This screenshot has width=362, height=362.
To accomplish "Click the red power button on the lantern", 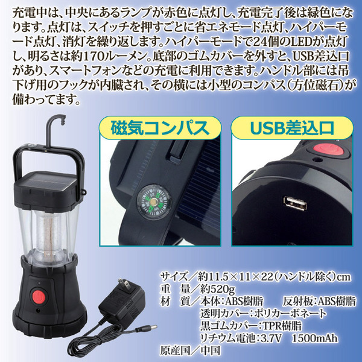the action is tap(39, 296).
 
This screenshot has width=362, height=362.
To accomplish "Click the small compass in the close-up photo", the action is tap(153, 202).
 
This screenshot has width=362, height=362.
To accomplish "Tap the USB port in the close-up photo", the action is tap(295, 204).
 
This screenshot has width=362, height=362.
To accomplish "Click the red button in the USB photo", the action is tap(329, 150).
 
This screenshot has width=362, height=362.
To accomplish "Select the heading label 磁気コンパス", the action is tap(160, 128).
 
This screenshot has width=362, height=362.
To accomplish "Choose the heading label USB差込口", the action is tap(292, 128).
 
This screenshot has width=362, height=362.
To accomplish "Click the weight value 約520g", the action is tap(218, 289).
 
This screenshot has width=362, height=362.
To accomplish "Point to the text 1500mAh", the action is tap(315, 338).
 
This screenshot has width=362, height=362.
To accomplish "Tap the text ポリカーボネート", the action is tap(290, 314).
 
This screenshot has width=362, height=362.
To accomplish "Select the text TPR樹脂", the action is tap(282, 326).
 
